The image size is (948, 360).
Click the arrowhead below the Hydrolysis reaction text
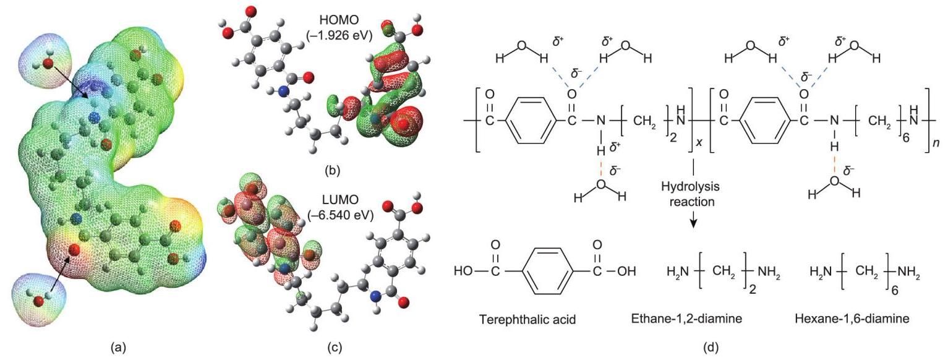pyautogui.click(x=693, y=224)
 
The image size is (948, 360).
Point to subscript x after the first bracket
pyautogui.click(x=698, y=142)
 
